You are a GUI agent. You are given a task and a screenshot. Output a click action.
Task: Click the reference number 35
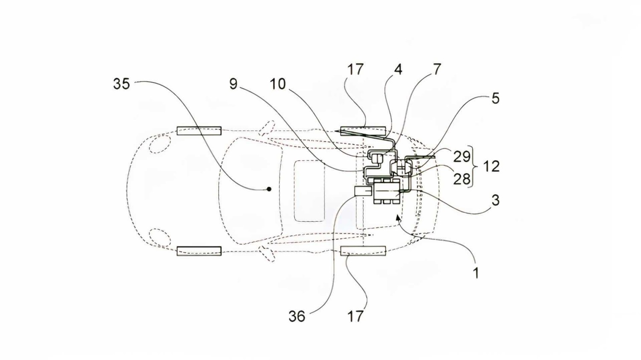pyautogui.click(x=121, y=84)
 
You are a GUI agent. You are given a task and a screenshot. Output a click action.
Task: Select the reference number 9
pyautogui.click(x=233, y=84)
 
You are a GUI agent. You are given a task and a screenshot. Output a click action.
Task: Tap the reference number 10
pyautogui.click(x=278, y=84)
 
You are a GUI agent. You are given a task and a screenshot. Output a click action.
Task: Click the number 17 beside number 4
pyautogui.click(x=355, y=69)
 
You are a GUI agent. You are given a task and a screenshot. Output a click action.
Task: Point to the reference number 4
pyautogui.click(x=398, y=69)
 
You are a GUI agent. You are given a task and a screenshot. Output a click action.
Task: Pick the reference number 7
pyautogui.click(x=437, y=69)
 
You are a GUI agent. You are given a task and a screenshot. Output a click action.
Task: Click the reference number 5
pyautogui.click(x=495, y=98)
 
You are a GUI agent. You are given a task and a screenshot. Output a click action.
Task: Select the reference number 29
pyautogui.click(x=462, y=157)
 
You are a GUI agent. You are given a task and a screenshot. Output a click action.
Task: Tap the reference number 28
pyautogui.click(x=462, y=179)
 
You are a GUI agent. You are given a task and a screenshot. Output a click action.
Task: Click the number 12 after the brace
pyautogui.click(x=491, y=166)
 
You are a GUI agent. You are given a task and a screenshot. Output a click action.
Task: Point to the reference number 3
pyautogui.click(x=495, y=200)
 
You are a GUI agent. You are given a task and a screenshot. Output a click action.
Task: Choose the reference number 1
pyautogui.click(x=476, y=272)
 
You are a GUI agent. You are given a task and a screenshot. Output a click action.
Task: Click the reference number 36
pyautogui.click(x=297, y=316)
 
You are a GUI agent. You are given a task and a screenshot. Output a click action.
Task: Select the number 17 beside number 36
pyautogui.click(x=355, y=316)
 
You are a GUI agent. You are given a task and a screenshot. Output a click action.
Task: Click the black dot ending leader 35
pyautogui.click(x=269, y=189)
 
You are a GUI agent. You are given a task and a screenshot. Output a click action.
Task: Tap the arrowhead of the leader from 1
pyautogui.click(x=398, y=217)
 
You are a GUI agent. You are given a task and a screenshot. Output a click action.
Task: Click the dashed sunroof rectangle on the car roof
pyautogui.click(x=309, y=191)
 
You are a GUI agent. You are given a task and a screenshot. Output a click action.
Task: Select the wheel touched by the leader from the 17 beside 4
pyautogui.click(x=363, y=130)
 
